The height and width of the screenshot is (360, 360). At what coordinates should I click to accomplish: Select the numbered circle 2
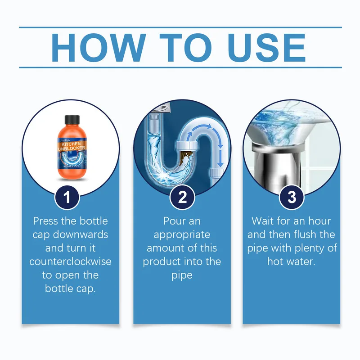click(182, 198)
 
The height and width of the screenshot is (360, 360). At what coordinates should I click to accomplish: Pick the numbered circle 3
click(292, 198)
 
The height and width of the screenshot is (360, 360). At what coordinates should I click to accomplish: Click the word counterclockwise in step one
click(71, 261)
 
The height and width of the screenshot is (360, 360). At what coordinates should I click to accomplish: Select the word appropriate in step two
click(182, 234)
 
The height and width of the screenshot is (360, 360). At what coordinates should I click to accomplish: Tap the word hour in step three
click(319, 221)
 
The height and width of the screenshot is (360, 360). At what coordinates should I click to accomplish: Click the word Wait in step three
click(264, 221)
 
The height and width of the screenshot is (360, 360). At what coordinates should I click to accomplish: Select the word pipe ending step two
click(182, 275)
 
